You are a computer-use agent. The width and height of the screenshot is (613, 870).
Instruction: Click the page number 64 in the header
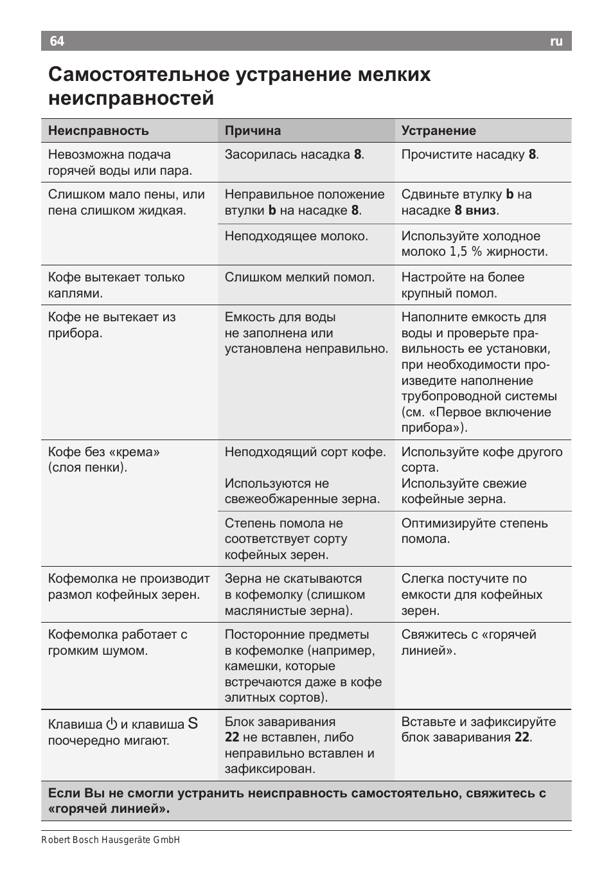click(57, 41)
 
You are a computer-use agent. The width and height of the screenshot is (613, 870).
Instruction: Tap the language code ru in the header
click(556, 41)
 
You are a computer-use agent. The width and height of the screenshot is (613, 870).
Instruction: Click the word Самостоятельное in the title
click(138, 75)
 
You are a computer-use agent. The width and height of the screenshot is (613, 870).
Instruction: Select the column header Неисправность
click(98, 130)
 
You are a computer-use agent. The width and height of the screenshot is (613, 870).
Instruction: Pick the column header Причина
click(253, 130)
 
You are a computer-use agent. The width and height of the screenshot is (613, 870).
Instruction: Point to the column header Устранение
click(439, 130)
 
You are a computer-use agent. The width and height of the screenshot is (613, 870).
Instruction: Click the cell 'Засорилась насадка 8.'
click(294, 155)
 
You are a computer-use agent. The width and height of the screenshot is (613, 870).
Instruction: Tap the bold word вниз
click(481, 210)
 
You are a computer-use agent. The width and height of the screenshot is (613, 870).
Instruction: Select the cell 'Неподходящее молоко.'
click(296, 236)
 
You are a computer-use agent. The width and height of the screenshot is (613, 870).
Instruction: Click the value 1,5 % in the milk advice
click(466, 252)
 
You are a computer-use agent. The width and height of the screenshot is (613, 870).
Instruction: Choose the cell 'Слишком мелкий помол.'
click(299, 278)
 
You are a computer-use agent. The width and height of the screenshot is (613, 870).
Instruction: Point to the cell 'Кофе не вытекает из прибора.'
click(112, 324)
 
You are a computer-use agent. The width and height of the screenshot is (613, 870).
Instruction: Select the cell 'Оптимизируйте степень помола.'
click(474, 531)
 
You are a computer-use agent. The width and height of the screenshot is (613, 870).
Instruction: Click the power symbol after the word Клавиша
click(112, 724)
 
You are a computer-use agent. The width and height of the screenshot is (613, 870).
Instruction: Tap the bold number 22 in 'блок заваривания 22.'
click(522, 738)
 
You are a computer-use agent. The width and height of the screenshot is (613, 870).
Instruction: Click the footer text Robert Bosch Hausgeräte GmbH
click(111, 840)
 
